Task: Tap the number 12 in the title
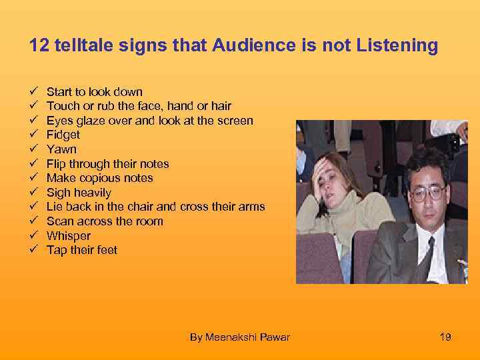pyautogui.click(x=38, y=45)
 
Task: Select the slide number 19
pyautogui.click(x=445, y=337)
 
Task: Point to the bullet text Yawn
pyautogui.click(x=61, y=149)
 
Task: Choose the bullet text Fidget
pyautogui.click(x=63, y=135)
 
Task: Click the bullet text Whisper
pyautogui.click(x=69, y=236)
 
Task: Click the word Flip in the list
pyautogui.click(x=56, y=164)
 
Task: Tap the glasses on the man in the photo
pyautogui.click(x=428, y=193)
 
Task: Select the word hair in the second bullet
pyautogui.click(x=220, y=106)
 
